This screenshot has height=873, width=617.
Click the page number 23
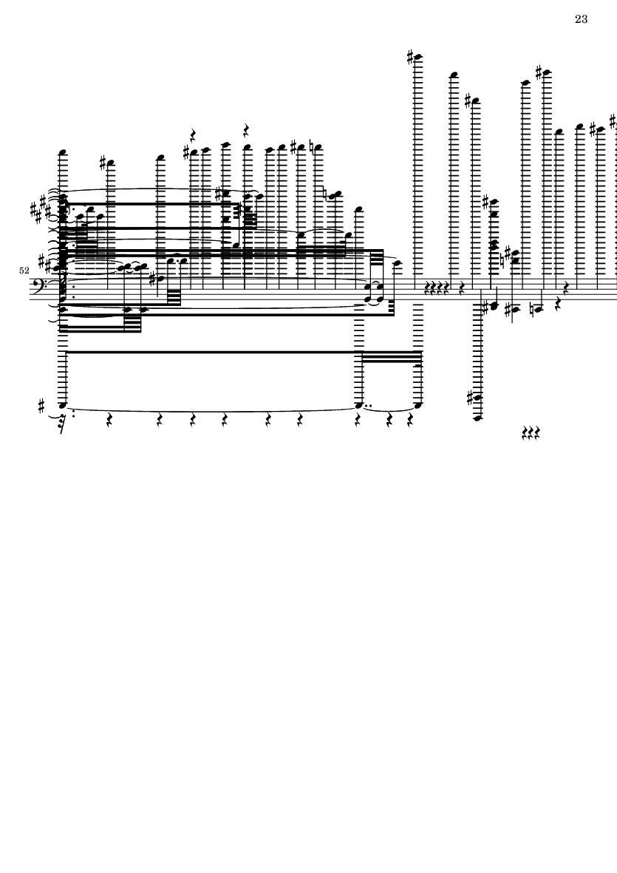coord(581,19)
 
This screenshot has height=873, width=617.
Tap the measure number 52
coord(24,271)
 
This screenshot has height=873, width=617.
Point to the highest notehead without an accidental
coord(454,75)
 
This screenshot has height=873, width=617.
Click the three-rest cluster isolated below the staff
coord(531,432)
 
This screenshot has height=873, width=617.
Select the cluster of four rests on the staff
coord(436,288)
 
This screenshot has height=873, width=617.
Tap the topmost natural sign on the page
coord(312,148)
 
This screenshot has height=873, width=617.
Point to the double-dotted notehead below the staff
coord(359,405)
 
